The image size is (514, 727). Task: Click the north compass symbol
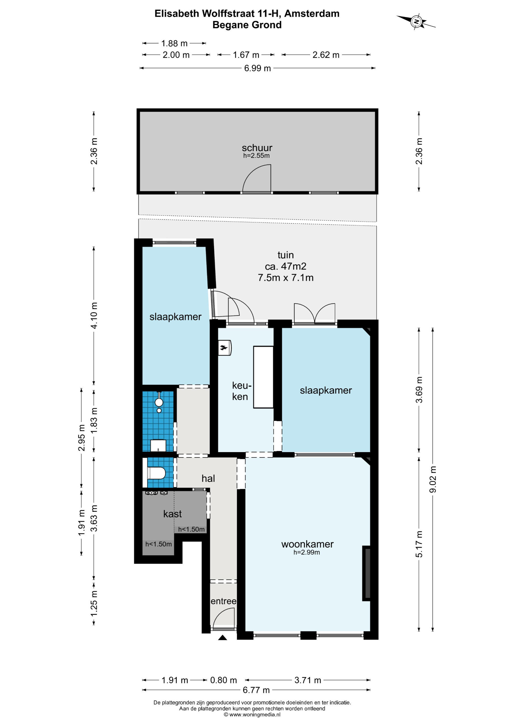tap(417, 22)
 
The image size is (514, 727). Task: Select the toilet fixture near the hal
tap(156, 473)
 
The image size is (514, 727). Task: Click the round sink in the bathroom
tap(159, 402)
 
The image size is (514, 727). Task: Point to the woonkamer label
tap(307, 544)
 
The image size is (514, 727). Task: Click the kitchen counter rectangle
tap(263, 377)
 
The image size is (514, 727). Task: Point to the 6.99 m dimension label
tap(257, 68)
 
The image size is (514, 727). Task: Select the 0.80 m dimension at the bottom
tap(223, 680)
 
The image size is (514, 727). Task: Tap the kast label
tap(172, 514)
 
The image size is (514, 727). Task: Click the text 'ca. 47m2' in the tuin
tap(285, 266)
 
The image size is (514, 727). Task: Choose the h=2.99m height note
tap(307, 553)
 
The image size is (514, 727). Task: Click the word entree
tap(223, 601)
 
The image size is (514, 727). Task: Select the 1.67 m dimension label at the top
tap(246, 55)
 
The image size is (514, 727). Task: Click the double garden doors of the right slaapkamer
tap(314, 314)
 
